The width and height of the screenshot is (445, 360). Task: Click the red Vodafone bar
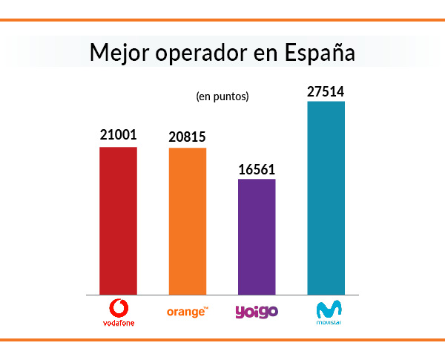(x=118, y=220)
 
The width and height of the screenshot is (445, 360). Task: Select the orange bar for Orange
(x=188, y=221)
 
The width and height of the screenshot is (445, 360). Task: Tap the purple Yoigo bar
(x=257, y=237)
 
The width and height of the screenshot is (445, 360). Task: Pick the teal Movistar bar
(x=326, y=197)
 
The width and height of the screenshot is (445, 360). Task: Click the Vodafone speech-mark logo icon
(x=118, y=307)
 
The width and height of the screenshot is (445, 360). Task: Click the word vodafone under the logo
(x=118, y=323)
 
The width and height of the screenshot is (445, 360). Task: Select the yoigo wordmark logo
(x=257, y=312)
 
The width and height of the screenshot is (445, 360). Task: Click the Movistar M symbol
(x=326, y=310)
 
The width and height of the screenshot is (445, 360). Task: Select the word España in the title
(x=320, y=53)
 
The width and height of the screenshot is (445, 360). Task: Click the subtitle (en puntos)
(x=222, y=96)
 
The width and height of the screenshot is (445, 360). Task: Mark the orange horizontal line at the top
(x=222, y=20)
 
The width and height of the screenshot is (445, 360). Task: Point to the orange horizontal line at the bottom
(x=222, y=340)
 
